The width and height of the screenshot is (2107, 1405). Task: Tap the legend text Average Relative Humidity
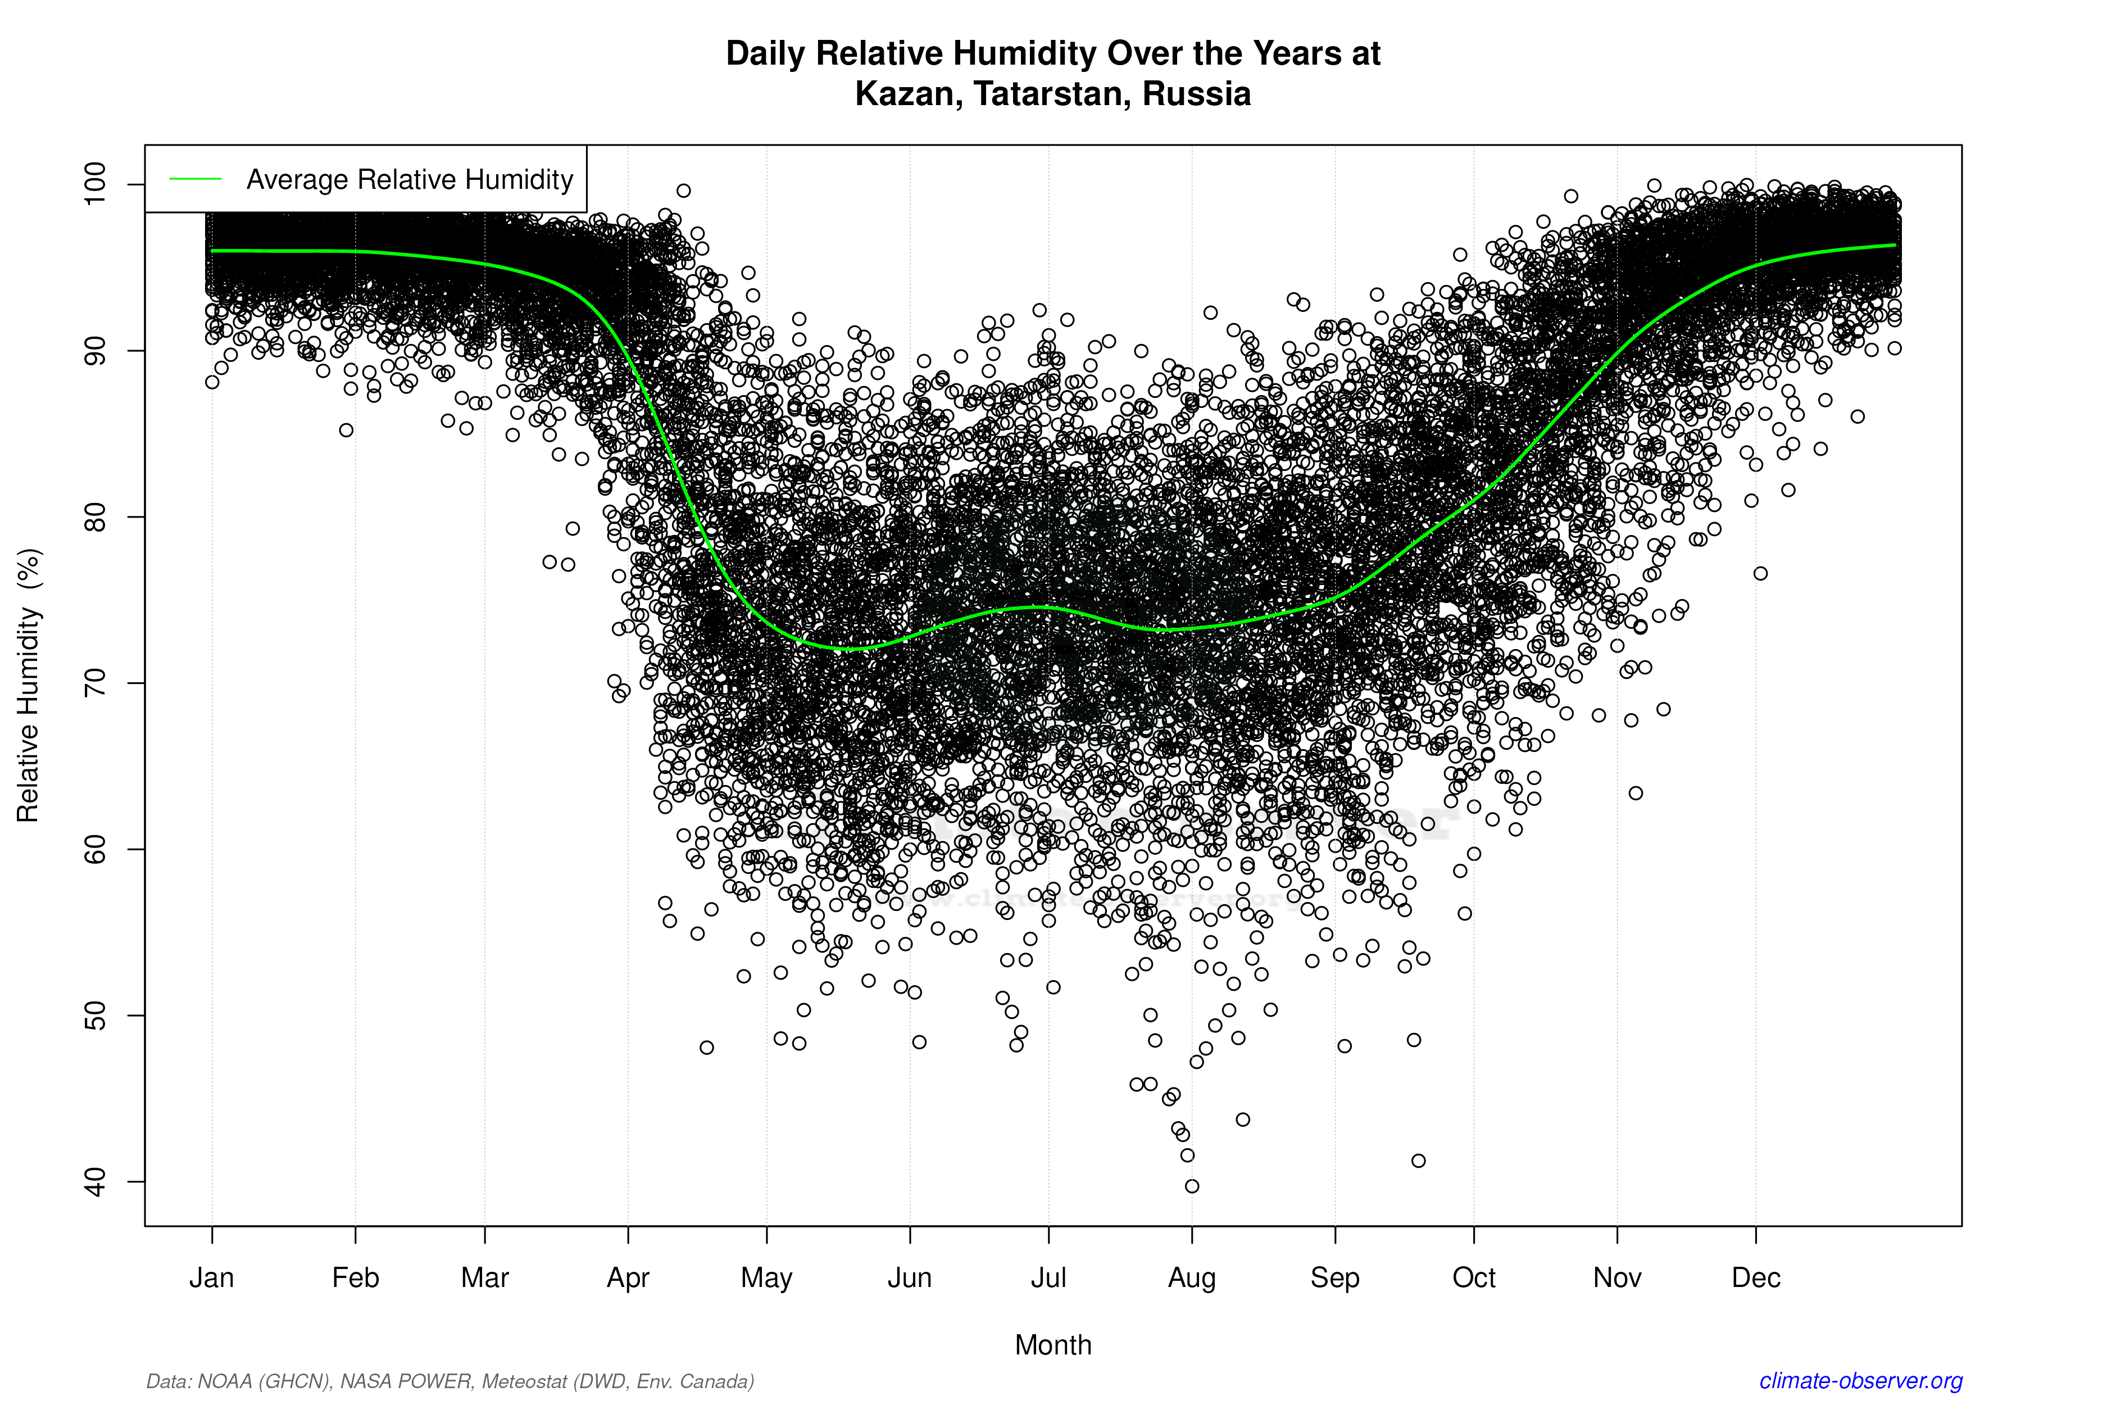point(410,180)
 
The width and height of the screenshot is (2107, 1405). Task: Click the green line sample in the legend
point(196,180)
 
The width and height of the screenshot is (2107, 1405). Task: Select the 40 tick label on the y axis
point(95,1182)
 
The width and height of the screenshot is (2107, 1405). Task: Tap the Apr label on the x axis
point(628,1278)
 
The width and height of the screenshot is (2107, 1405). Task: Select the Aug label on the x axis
point(1192,1278)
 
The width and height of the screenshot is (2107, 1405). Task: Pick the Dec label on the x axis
point(1756,1278)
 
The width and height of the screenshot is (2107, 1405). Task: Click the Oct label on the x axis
point(1474,1278)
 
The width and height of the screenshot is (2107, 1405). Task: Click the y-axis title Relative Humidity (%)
point(29,686)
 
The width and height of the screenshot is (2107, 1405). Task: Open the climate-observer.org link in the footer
point(1861,1381)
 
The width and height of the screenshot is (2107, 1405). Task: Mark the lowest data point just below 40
point(1192,1186)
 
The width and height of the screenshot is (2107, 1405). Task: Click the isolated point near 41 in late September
point(1418,1161)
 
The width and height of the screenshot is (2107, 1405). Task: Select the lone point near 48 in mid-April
point(707,1048)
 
